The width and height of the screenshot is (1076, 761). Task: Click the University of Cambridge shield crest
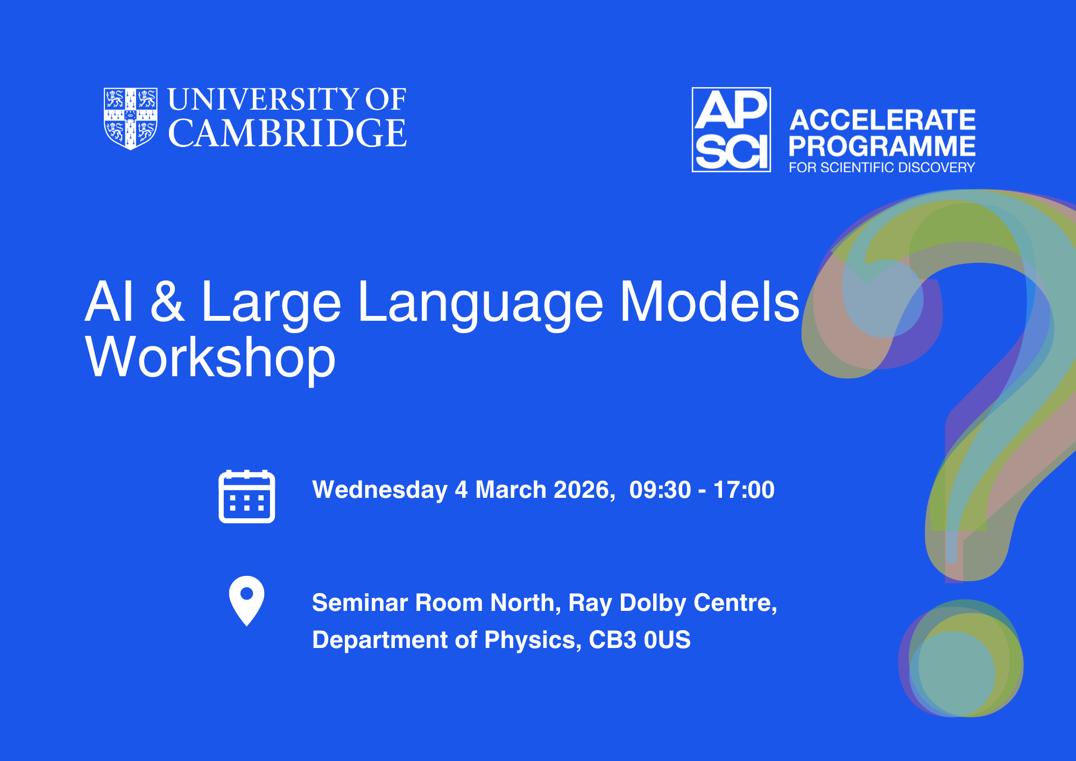(x=130, y=118)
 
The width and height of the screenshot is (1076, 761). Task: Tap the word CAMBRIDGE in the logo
(x=287, y=133)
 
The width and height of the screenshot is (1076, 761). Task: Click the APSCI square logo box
(x=731, y=130)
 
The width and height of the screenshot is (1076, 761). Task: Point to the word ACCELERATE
(x=882, y=119)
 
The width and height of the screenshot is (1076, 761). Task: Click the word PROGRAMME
(x=882, y=146)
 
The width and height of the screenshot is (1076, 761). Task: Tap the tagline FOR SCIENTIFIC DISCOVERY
(x=882, y=167)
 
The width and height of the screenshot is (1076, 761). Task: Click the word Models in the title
(x=710, y=301)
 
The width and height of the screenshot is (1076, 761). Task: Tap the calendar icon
(x=247, y=496)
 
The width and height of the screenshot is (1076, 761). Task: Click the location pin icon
(x=246, y=601)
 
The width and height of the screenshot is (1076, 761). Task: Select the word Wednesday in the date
(x=380, y=490)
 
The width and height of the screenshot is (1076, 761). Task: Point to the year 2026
(x=584, y=490)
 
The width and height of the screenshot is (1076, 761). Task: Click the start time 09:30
(x=660, y=490)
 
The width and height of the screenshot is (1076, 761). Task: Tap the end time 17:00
(x=744, y=490)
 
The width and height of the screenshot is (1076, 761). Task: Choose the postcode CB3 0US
(x=640, y=640)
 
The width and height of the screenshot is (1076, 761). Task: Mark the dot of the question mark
(x=961, y=658)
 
